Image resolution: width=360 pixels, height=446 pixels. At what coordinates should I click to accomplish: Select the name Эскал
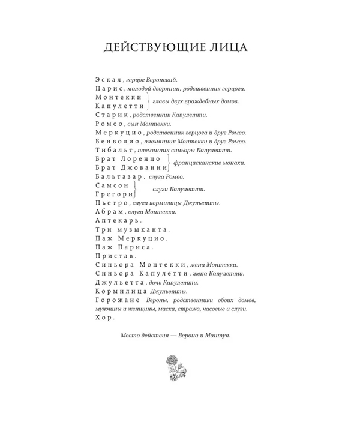pos(109,79)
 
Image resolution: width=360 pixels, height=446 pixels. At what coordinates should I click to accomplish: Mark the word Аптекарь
pos(117,220)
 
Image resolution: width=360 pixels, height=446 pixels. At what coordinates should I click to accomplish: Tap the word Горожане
pos(118,300)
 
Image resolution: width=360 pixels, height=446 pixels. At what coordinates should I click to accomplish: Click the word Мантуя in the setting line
pos(217,336)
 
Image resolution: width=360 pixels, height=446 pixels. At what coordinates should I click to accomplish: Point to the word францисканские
pos(197,163)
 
